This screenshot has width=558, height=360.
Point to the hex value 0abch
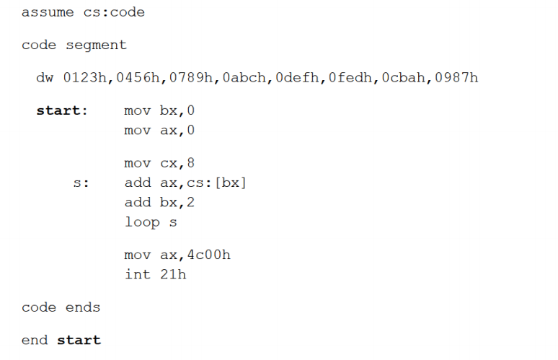click(x=245, y=78)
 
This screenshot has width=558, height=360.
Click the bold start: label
click(x=61, y=112)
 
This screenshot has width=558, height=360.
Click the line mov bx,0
click(x=159, y=112)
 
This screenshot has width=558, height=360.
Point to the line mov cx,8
click(x=159, y=164)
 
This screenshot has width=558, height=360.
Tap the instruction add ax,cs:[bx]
click(x=185, y=183)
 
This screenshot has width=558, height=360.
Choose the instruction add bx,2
click(x=159, y=203)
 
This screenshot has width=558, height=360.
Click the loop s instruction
click(x=151, y=222)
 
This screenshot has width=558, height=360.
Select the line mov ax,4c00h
click(x=177, y=255)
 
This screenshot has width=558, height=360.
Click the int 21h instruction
click(x=155, y=275)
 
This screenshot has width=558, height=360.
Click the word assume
click(x=48, y=12)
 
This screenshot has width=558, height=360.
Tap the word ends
click(x=83, y=308)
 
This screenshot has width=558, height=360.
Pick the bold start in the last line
click(x=79, y=341)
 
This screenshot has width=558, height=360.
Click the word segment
click(x=96, y=45)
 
